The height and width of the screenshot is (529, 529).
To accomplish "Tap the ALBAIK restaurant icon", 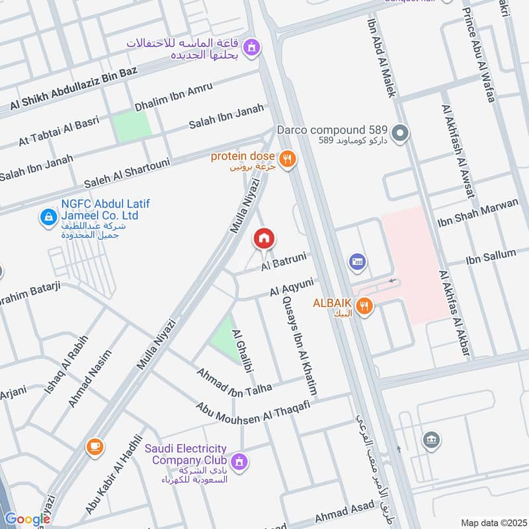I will [363, 306].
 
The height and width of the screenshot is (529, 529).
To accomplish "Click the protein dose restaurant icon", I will [286, 158].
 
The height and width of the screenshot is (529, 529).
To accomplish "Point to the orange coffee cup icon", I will [95, 448].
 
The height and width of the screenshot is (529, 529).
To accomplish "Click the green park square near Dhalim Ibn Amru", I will [131, 127].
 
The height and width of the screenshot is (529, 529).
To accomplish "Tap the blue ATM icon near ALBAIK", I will [358, 263].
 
